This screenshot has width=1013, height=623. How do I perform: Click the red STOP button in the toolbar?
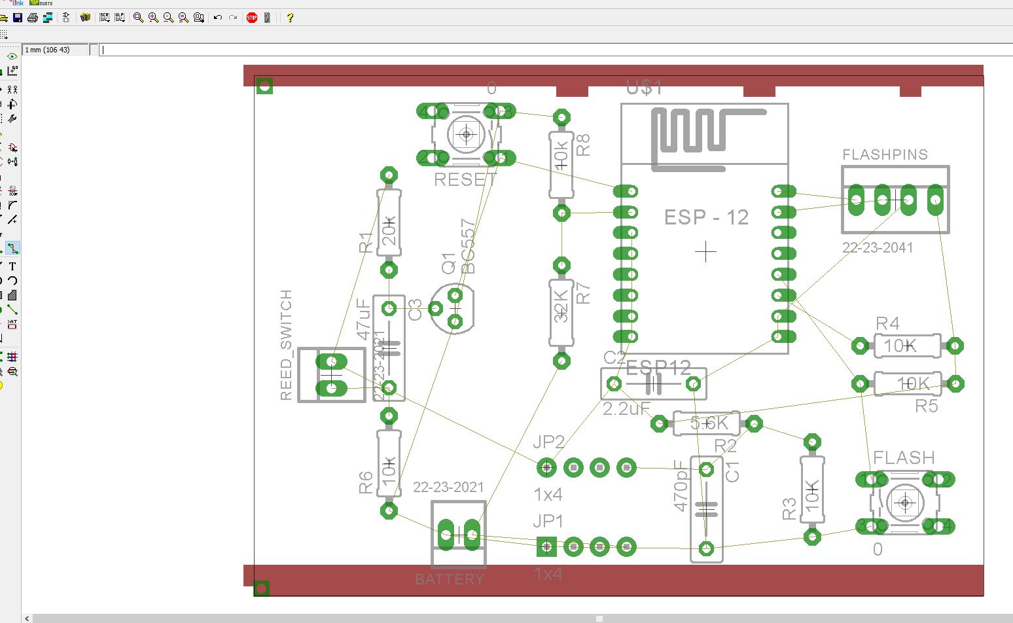(x=252, y=18)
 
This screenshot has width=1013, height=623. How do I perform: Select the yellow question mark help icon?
(x=290, y=18)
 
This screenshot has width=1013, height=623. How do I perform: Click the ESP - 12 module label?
(x=706, y=217)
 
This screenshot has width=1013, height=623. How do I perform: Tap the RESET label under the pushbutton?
(x=465, y=179)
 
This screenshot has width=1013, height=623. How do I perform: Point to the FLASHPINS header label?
(x=885, y=154)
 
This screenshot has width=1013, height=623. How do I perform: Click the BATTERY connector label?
(x=450, y=579)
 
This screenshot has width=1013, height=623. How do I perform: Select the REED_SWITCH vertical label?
(x=286, y=345)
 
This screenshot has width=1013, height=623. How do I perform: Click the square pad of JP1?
(x=546, y=546)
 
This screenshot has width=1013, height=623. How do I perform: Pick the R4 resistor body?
(x=907, y=346)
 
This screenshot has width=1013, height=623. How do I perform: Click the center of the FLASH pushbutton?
(x=906, y=503)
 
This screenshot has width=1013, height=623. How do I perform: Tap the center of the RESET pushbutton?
(x=466, y=135)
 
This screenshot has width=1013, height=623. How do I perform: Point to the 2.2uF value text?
(x=626, y=409)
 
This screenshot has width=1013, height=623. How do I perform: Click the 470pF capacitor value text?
(x=681, y=485)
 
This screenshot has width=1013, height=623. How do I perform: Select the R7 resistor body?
(x=561, y=313)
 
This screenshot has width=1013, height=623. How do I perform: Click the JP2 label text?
(x=548, y=442)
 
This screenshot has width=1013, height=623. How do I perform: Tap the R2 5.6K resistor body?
(x=706, y=423)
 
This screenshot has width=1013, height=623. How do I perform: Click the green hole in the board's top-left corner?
(x=264, y=86)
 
